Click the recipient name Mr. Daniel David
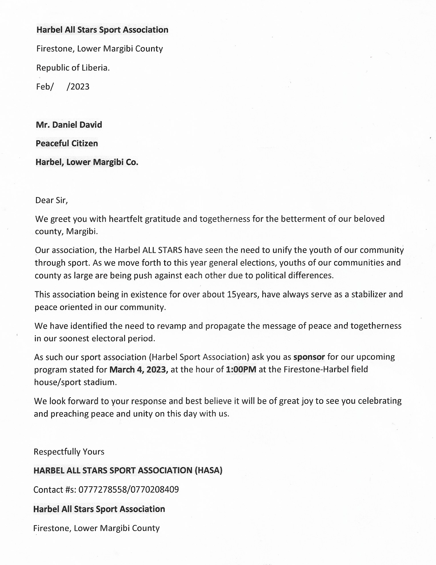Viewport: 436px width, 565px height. (69, 125)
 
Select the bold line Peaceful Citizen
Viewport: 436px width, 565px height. (67, 143)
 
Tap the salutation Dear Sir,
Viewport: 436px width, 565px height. (51, 200)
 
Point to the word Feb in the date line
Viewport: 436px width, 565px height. (43, 87)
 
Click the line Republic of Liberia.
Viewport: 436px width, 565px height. (73, 68)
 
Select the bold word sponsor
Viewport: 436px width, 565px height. (309, 357)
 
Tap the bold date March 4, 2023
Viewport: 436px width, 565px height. (139, 370)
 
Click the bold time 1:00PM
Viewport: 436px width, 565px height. (241, 370)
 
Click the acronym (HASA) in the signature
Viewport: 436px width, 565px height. (208, 470)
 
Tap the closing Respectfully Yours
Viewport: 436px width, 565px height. (69, 452)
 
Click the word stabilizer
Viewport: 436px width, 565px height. (370, 294)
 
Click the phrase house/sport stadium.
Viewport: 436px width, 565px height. (75, 382)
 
